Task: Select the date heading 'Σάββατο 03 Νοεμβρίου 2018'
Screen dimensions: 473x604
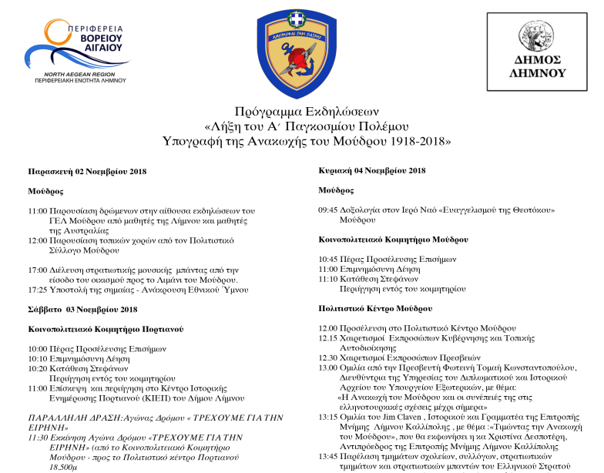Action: pyautogui.click(x=82, y=310)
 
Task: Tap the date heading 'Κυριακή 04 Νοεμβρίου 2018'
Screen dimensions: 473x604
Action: pyautogui.click(x=372, y=170)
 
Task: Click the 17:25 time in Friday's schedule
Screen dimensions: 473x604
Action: pyautogui.click(x=38, y=290)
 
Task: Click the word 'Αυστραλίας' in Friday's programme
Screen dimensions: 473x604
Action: pyautogui.click(x=81, y=230)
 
